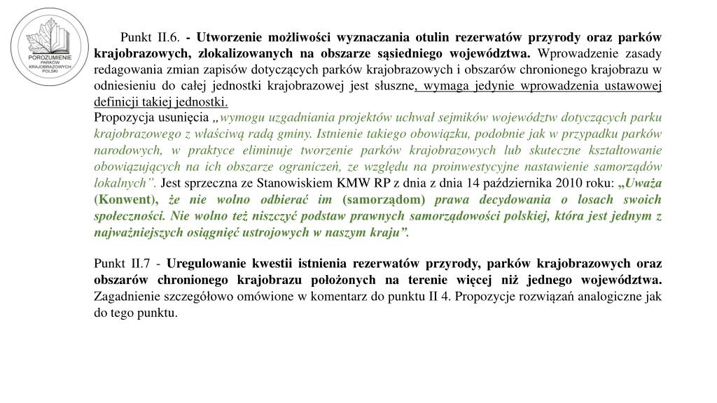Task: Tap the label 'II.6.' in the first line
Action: (x=167, y=37)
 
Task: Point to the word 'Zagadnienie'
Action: (x=126, y=296)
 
